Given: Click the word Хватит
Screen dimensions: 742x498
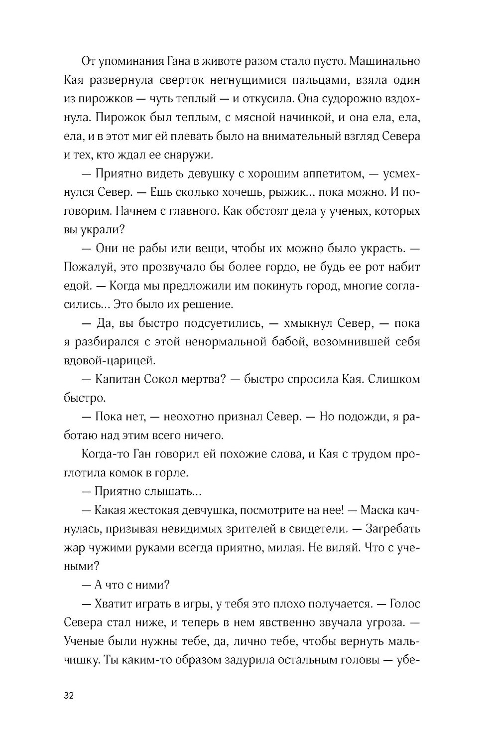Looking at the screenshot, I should [112, 604].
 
